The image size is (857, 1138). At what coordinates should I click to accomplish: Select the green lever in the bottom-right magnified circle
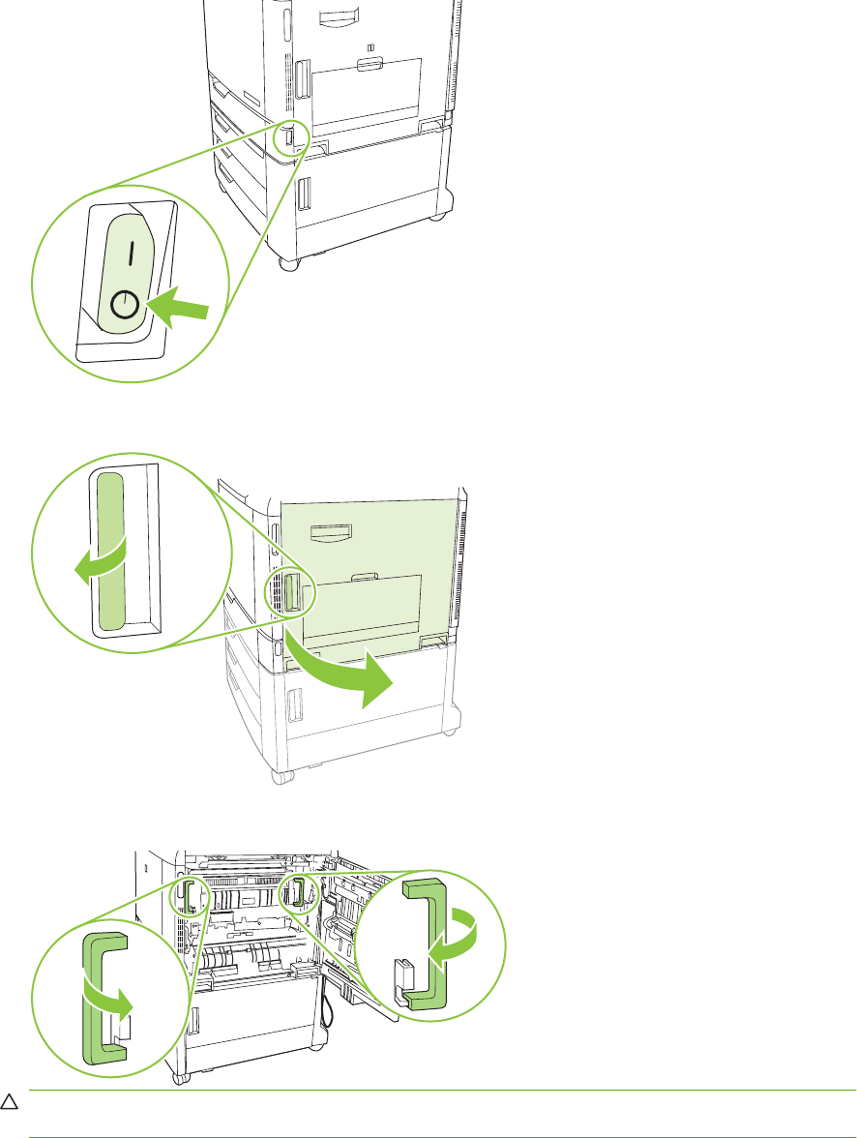coord(427,944)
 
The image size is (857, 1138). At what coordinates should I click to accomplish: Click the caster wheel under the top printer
coord(289,261)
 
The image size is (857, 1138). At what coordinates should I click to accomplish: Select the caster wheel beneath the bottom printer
coord(177,1077)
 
